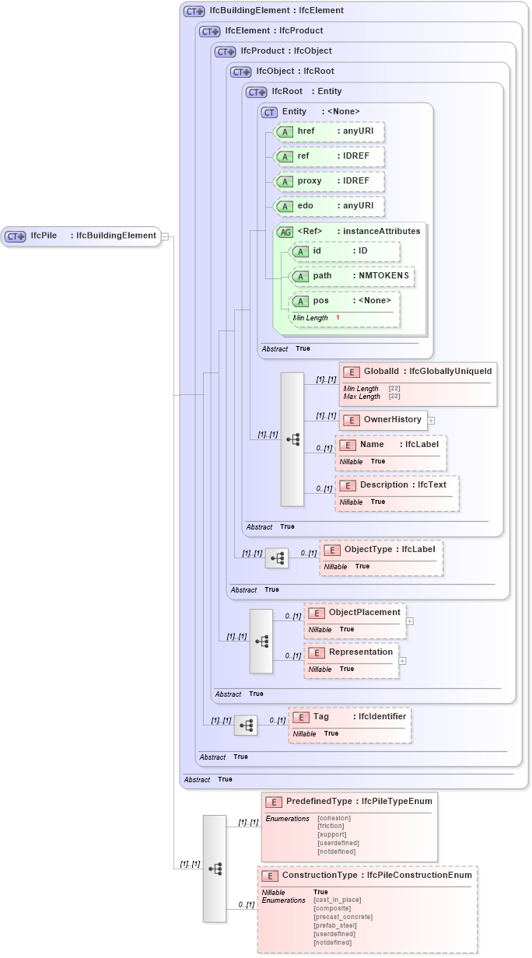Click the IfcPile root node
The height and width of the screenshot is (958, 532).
pos(81,236)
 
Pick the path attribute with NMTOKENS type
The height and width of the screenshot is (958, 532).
pos(351,276)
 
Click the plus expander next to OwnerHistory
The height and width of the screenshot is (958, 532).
pos(431,421)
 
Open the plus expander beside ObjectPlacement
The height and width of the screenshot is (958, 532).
pos(410,621)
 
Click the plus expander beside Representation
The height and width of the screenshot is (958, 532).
pos(403,661)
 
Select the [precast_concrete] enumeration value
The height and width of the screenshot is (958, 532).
pos(343,917)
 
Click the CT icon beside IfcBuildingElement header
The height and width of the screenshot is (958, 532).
pos(194,12)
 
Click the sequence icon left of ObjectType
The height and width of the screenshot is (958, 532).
pos(276,558)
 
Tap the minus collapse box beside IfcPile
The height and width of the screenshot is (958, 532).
pos(165,237)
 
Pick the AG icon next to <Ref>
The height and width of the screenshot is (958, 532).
pos(285,232)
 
